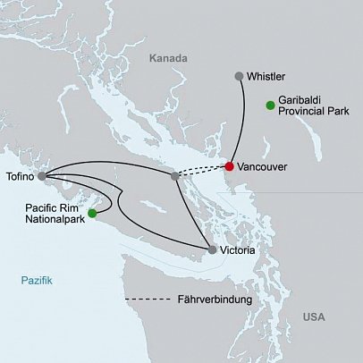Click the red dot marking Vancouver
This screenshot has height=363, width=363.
point(230,166)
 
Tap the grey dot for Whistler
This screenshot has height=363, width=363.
point(238,77)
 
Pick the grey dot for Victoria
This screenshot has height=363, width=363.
point(212,250)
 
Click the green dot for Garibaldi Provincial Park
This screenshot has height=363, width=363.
point(270,106)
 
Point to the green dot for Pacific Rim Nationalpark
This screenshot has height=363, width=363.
point(92,213)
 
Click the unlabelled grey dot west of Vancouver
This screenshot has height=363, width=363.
point(175,176)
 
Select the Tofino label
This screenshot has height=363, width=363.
point(20,176)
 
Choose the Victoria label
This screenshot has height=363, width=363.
point(241,251)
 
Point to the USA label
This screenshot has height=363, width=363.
point(314,317)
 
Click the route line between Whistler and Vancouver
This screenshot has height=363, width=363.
point(241,121)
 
